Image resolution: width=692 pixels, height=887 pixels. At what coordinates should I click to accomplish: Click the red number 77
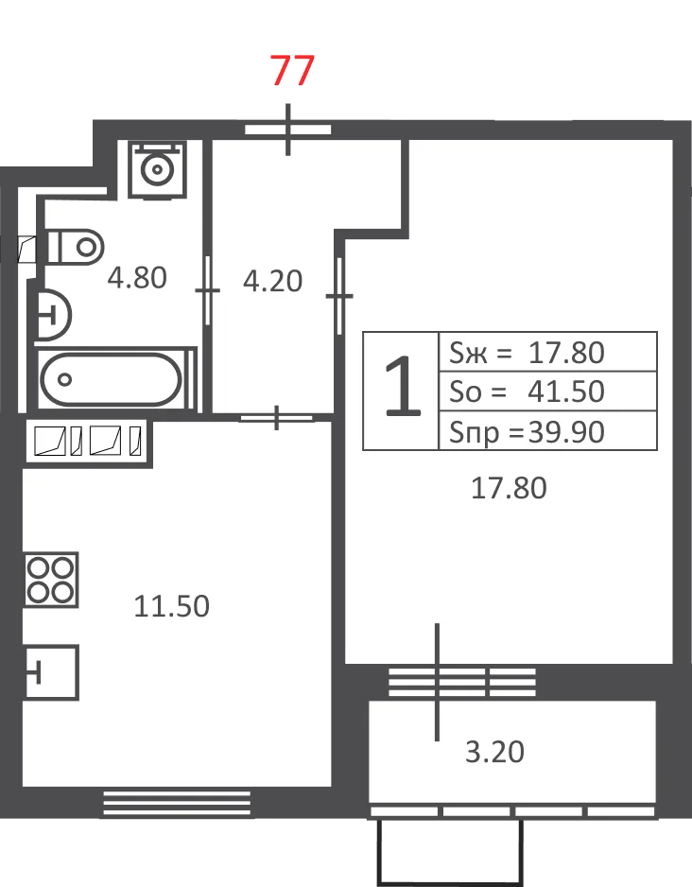point(292,70)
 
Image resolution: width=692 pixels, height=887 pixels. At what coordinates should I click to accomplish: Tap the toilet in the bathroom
point(76,247)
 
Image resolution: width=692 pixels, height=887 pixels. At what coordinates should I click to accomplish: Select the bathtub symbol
point(112,379)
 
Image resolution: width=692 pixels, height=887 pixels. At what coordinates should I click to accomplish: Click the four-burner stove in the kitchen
point(51,580)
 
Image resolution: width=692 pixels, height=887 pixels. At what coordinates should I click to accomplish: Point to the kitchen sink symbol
point(51,672)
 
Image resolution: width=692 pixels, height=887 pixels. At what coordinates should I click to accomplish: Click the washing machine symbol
point(157,169)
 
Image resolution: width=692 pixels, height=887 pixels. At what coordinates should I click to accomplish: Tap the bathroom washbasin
point(53,315)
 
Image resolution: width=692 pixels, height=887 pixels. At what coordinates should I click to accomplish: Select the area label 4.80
point(137,278)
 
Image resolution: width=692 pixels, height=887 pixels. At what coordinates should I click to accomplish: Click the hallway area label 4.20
point(273,281)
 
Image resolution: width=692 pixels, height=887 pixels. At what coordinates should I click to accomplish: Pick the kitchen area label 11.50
point(172,606)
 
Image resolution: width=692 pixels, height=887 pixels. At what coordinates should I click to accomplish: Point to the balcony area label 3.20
point(494,752)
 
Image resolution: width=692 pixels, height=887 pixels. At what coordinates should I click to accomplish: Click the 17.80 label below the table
point(509,488)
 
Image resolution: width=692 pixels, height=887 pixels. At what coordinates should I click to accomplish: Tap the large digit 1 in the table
point(403,387)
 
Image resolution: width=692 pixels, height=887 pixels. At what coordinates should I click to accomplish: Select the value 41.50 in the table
point(566,391)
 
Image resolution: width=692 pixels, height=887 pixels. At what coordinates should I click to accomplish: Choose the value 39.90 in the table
point(566,432)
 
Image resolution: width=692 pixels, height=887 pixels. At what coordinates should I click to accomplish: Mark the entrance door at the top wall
point(288,130)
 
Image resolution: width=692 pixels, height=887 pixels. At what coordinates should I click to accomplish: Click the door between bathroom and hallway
point(207,290)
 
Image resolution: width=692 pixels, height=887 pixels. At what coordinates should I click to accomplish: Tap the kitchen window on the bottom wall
point(177,803)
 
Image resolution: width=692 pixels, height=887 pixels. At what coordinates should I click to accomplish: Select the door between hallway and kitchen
point(276,418)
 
